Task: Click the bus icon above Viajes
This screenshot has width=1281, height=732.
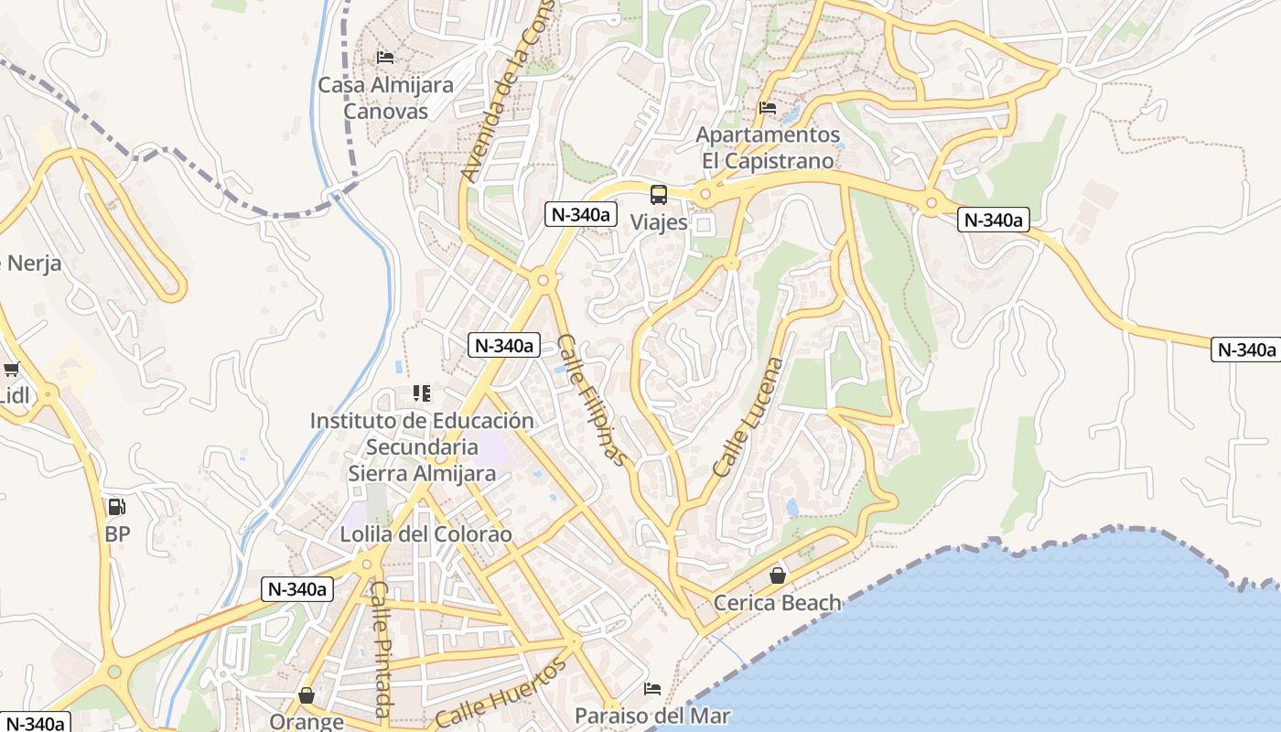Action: coord(659,194)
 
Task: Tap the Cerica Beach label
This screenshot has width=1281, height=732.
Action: coord(777,602)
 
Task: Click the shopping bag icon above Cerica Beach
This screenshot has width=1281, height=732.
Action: coord(777,576)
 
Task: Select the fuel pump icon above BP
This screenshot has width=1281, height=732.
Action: coord(116,506)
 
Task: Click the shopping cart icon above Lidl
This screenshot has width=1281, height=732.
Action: coord(11,370)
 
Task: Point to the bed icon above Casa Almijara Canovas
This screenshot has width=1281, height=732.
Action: coord(385,57)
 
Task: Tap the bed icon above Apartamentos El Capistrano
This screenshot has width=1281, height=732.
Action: coord(768,108)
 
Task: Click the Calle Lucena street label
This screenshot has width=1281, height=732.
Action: coord(748,417)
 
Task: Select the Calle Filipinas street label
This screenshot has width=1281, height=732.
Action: coord(593,399)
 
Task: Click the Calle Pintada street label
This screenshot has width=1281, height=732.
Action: coord(382,649)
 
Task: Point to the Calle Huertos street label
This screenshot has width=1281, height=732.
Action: coord(501,694)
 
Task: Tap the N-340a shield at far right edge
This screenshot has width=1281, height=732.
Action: coord(1244,349)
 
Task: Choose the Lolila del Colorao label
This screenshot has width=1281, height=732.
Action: coord(425,534)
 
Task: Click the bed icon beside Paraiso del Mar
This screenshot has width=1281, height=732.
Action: coord(652,688)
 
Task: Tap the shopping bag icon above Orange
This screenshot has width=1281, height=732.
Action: coord(307,696)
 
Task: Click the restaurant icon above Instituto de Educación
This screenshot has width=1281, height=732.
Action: coord(421,393)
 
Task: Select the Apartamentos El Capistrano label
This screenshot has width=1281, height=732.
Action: coord(768,147)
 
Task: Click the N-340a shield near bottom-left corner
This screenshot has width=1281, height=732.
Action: coord(35,723)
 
